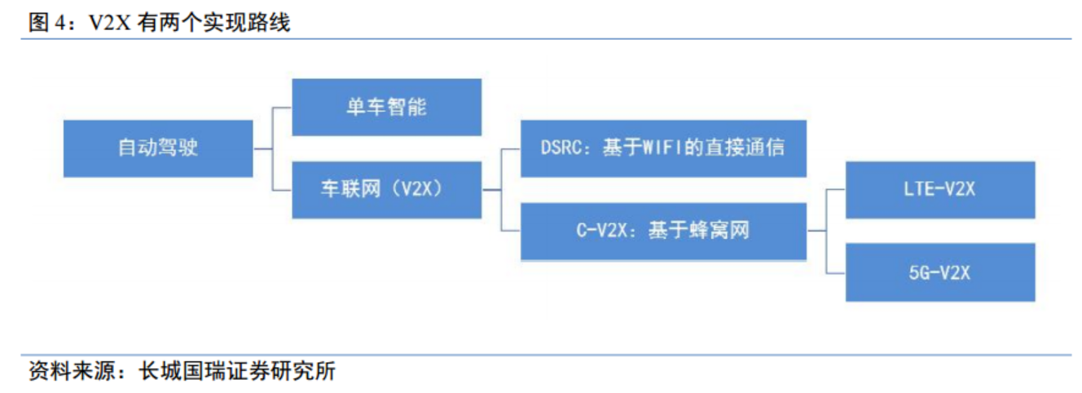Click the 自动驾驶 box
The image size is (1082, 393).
coord(158,148)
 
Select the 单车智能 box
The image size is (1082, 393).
coord(386,107)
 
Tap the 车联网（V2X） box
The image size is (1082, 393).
coord(386,190)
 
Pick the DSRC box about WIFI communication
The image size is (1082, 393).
coord(663,148)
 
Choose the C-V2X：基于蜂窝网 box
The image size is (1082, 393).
coord(663,232)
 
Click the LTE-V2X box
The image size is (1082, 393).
coord(939,190)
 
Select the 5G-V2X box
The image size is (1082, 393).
coord(939,272)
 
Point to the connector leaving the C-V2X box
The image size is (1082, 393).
coord(816,232)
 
